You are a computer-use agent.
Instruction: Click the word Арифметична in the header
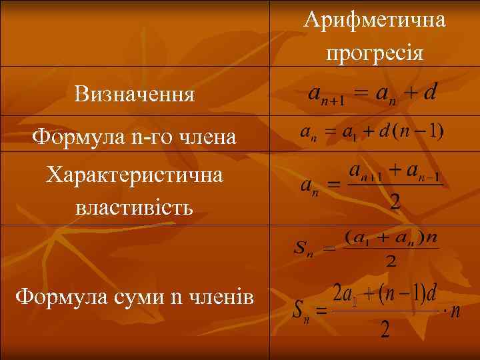coord(375,20)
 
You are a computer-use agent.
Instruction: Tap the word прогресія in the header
coord(375,51)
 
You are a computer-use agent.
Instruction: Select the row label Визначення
coord(135,94)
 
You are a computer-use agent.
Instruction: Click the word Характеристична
coord(135,176)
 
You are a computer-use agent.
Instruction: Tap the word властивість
coord(135,207)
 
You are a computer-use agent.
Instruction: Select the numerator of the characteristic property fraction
coord(395,172)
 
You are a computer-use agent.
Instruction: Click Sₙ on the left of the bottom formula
coord(301,311)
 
